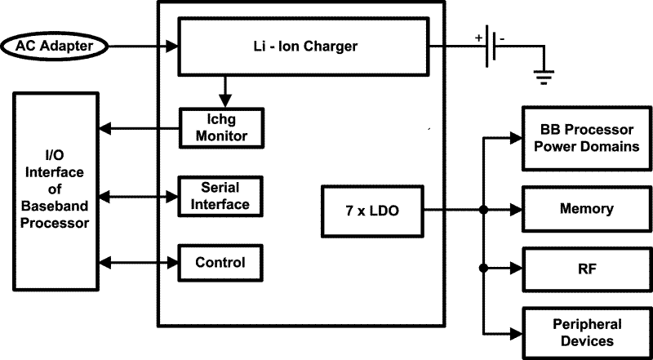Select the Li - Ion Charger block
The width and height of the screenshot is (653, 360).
click(304, 47)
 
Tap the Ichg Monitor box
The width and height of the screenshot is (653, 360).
click(220, 127)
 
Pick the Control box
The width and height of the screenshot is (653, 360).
click(220, 263)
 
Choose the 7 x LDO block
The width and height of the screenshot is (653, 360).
click(372, 210)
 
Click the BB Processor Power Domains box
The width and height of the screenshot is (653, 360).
click(586, 139)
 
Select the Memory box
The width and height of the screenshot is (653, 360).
click(586, 209)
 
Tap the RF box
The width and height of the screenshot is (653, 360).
click(586, 267)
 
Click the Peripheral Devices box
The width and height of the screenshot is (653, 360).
click(586, 332)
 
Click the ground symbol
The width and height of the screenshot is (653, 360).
click(544, 78)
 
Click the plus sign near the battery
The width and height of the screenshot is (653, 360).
click(477, 38)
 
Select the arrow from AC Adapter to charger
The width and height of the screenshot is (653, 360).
click(143, 47)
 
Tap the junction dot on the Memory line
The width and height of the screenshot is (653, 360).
click(485, 210)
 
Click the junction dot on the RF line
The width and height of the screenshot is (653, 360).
click(485, 267)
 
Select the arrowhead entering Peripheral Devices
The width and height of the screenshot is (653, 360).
click(516, 332)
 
